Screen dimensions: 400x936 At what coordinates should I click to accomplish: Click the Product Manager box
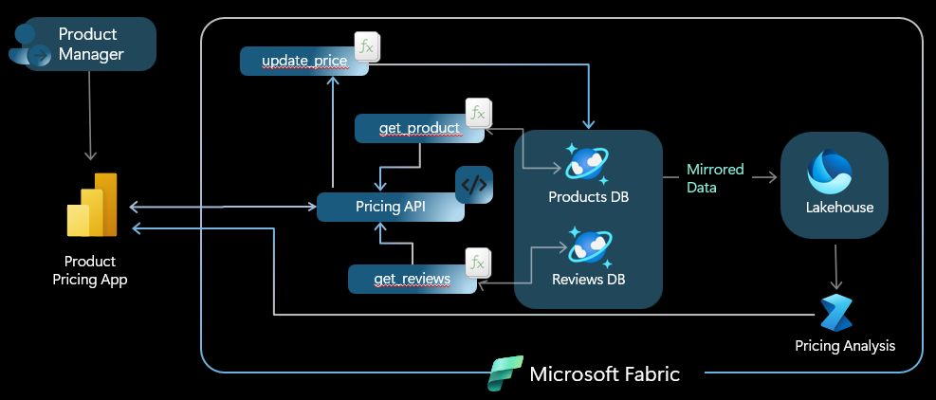(90, 45)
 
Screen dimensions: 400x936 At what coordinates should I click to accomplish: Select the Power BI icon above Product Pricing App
(92, 206)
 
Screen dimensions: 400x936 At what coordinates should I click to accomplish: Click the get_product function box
(419, 128)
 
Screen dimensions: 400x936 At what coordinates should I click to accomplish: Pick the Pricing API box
(390, 207)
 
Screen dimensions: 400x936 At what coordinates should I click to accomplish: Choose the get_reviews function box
(412, 278)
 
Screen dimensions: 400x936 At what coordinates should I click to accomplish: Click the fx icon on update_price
(366, 46)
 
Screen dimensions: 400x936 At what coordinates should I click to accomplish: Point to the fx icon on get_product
(477, 113)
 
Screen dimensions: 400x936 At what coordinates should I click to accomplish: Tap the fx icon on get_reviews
(476, 262)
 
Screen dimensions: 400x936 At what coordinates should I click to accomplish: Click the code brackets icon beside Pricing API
(474, 186)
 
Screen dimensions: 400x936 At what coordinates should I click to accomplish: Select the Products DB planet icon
(587, 163)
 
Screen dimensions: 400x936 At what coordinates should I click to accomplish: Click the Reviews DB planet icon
(589, 246)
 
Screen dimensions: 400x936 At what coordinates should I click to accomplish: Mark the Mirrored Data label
(716, 178)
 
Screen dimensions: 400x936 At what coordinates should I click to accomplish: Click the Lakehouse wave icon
(831, 173)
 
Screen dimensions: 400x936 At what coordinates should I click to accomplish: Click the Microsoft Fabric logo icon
(505, 373)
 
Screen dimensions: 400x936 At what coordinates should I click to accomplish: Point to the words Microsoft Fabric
(604, 373)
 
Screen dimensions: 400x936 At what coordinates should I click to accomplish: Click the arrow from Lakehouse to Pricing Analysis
(835, 266)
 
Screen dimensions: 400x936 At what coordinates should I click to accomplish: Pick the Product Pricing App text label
(90, 270)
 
